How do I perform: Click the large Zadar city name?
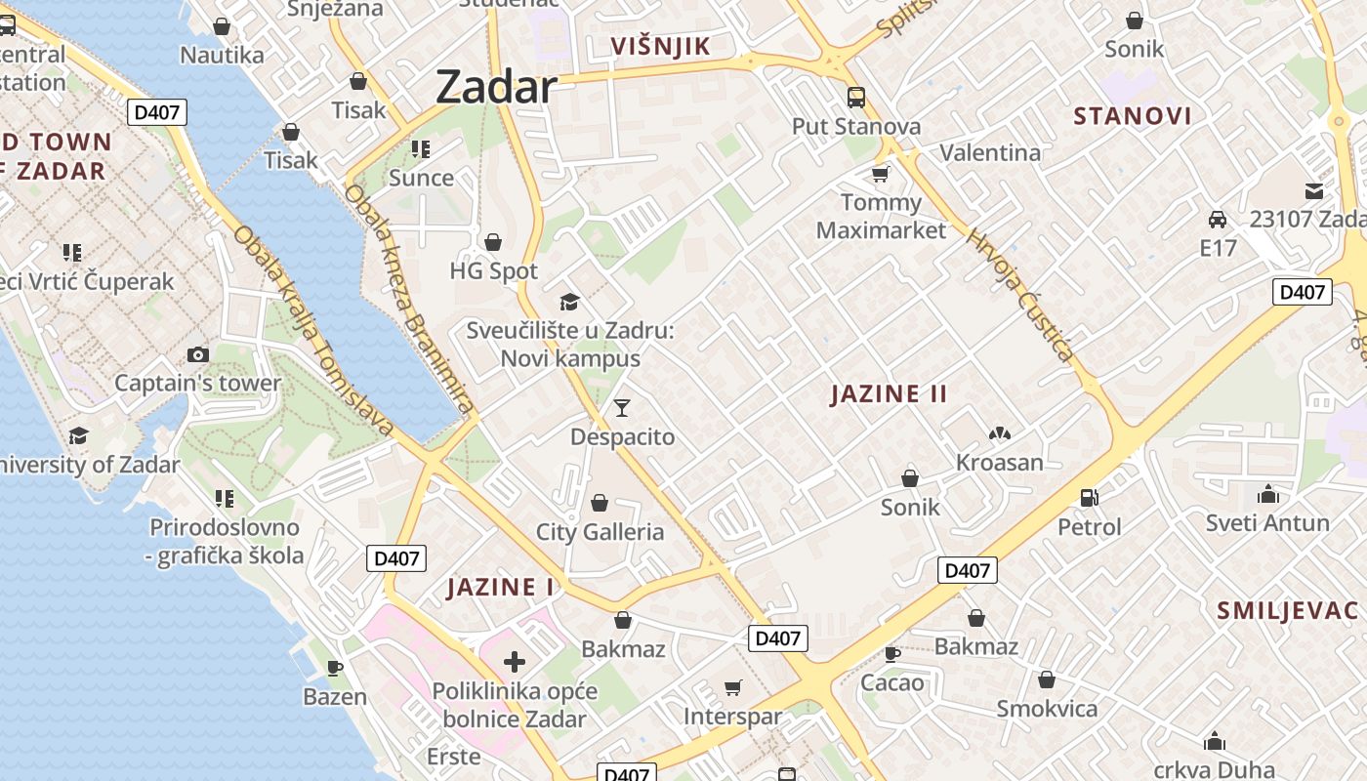[x=496, y=88]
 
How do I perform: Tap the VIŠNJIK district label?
[x=660, y=46]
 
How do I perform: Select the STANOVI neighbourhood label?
[x=1133, y=116]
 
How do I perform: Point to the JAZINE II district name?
[x=889, y=394]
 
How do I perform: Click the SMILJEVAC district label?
[x=1287, y=611]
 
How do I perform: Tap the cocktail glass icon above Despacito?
[x=622, y=408]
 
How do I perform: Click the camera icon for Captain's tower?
[x=198, y=354]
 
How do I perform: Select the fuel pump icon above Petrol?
[x=1090, y=498]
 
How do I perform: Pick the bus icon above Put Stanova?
[x=856, y=98]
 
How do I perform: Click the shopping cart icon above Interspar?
[x=733, y=688]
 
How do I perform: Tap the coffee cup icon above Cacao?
[x=891, y=653]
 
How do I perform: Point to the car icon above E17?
[x=1218, y=219]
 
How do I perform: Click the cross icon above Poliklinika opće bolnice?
[x=515, y=663]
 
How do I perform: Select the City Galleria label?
[x=600, y=532]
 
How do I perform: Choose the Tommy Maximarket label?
[x=881, y=217]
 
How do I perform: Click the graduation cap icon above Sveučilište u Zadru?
[x=569, y=302]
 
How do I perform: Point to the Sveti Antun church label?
[x=1267, y=523]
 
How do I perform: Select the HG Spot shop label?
[x=494, y=270]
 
